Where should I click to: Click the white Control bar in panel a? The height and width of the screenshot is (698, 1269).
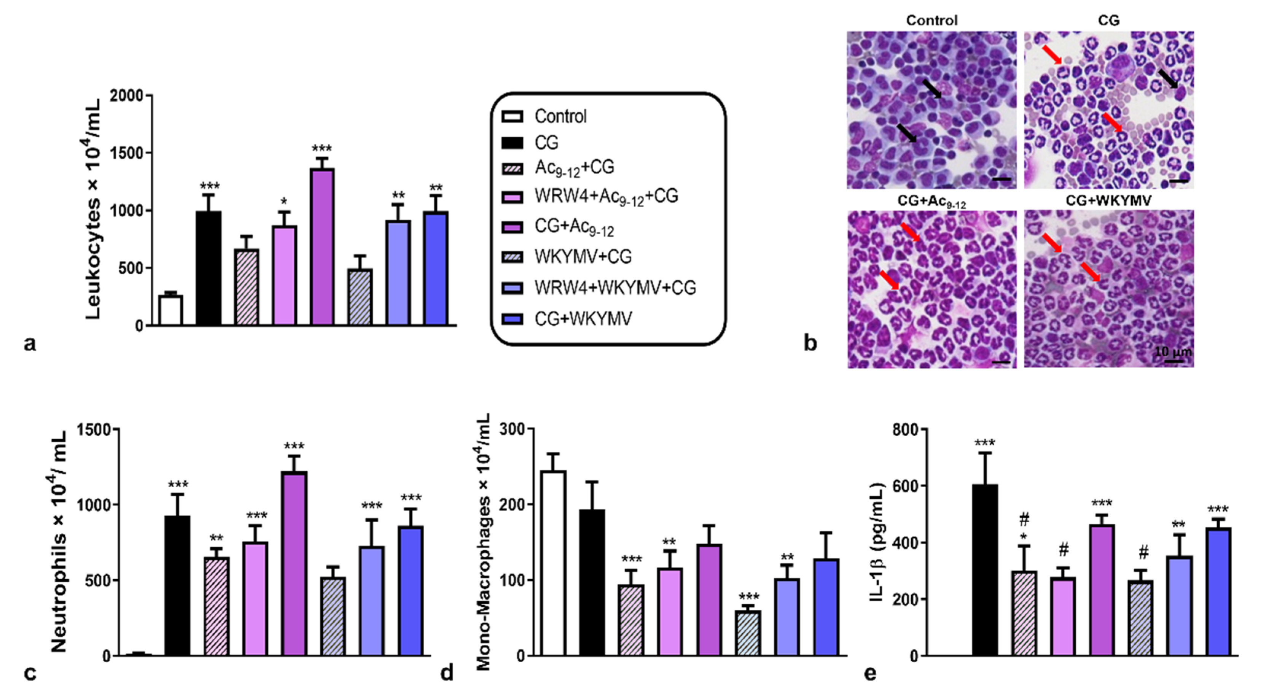click(170, 310)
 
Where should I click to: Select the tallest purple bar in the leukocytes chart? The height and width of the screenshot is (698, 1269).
click(322, 246)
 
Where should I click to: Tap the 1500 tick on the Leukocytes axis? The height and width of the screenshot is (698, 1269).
click(129, 153)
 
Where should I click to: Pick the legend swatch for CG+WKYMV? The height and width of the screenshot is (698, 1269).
click(512, 319)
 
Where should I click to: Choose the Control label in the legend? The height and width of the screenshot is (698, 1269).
click(560, 117)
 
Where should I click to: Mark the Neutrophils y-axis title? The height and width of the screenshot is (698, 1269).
click(59, 542)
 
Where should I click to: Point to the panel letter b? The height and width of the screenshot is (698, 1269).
click(810, 343)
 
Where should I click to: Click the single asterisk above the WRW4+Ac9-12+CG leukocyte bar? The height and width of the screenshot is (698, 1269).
click(284, 202)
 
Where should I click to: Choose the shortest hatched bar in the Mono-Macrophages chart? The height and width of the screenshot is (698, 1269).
click(747, 633)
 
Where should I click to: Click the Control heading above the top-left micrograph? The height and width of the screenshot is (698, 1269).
click(931, 20)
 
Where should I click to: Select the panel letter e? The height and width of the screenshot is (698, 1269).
click(871, 673)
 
